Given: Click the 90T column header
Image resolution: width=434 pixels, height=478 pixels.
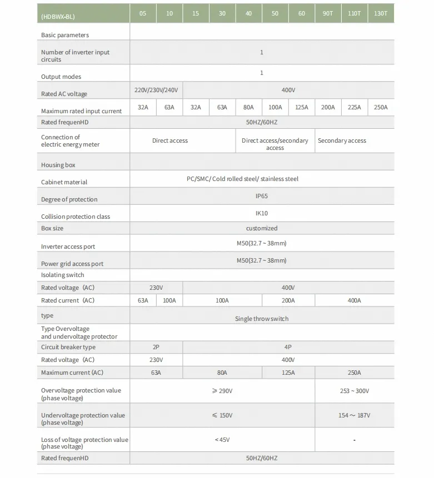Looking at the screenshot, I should click(x=328, y=13).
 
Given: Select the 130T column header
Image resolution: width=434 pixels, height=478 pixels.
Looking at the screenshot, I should click(x=381, y=13).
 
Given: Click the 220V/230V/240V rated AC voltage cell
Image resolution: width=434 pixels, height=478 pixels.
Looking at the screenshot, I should click(x=156, y=90).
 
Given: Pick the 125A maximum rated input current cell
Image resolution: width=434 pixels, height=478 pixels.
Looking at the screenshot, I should click(x=302, y=107).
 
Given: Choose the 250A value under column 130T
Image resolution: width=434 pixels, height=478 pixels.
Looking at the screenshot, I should click(x=381, y=107).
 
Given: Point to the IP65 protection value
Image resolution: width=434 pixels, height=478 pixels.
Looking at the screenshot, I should click(x=261, y=196).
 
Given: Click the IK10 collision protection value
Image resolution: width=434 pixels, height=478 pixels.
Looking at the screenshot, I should click(x=261, y=213).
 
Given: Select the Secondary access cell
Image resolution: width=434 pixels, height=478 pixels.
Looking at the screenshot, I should click(x=342, y=140).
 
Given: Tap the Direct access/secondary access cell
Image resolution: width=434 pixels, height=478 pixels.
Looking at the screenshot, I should click(x=275, y=144).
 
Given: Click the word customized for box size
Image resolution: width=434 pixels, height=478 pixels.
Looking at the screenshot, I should click(x=262, y=228).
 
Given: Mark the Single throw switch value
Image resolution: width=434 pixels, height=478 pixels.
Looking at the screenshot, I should click(x=262, y=319).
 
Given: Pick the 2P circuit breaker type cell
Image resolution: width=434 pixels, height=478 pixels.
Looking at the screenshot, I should click(x=156, y=347).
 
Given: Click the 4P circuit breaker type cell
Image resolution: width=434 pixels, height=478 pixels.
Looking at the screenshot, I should click(x=288, y=347).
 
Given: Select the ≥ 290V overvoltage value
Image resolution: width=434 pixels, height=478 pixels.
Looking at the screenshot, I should click(x=222, y=391).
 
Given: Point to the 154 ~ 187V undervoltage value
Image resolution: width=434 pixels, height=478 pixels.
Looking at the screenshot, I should click(x=355, y=415).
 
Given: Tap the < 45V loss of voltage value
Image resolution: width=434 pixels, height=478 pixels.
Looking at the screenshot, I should click(x=222, y=440).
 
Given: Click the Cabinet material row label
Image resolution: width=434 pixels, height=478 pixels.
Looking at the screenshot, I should click(x=64, y=182).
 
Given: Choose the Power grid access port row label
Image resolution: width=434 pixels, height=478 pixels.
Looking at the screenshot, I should click(x=72, y=264).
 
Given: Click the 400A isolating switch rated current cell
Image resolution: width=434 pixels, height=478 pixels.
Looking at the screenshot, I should click(x=355, y=300).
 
